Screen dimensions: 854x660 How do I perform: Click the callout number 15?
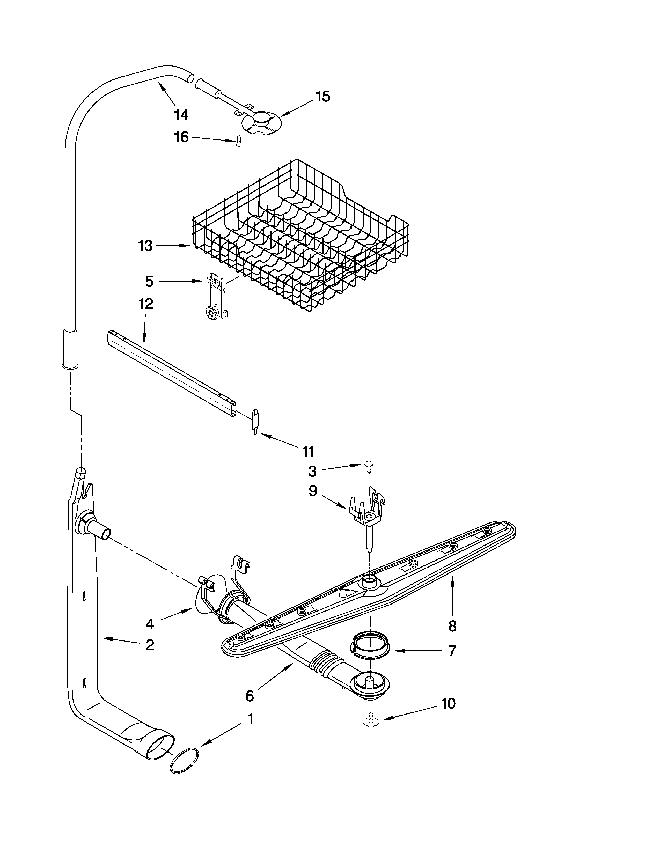pos(322,97)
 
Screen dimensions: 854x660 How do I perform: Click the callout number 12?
pos(145,304)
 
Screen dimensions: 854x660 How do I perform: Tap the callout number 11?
pos(308,452)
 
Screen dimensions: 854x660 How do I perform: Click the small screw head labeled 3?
pos(368,464)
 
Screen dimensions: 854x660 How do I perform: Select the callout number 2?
pos(150,645)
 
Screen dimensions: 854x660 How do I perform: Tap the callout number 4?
pos(150,624)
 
